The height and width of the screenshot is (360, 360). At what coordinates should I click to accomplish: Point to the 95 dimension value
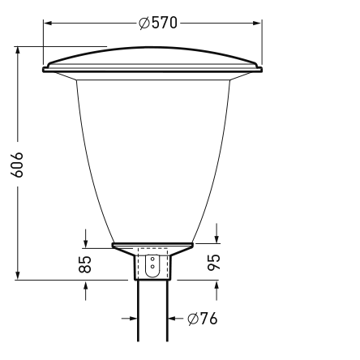216,263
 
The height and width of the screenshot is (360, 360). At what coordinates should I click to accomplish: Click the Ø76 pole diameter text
202,319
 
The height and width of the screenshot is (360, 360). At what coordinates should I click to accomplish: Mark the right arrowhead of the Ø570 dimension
258,24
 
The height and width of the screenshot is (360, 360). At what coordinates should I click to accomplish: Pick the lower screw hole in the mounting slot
152,267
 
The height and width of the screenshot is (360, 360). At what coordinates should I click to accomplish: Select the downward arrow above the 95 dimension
216,237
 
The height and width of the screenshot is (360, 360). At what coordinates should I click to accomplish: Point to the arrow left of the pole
132,319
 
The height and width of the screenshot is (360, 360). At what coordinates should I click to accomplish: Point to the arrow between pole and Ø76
172,319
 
